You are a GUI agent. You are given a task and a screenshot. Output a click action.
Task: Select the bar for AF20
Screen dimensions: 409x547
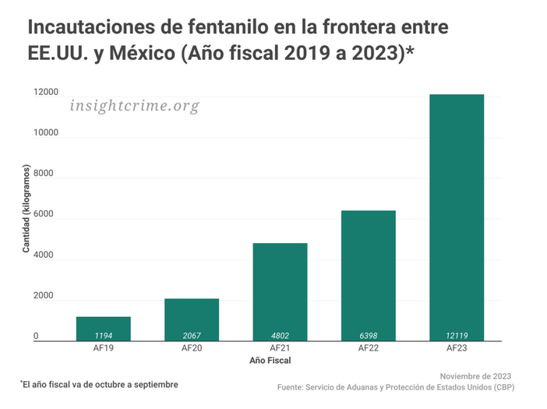coord(192,319)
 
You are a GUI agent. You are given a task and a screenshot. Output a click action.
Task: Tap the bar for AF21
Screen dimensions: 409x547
coord(280,292)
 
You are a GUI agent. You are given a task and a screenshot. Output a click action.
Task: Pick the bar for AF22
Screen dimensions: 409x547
coord(369,276)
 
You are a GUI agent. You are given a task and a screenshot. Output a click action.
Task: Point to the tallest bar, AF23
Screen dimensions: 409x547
coord(457,217)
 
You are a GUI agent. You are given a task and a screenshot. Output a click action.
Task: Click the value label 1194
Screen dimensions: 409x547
coord(103,336)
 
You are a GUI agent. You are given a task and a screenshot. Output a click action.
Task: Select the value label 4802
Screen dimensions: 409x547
coord(280,336)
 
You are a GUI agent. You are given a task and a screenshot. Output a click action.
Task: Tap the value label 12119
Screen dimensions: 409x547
coord(457,336)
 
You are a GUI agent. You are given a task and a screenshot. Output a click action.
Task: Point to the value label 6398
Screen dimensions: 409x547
coord(369,336)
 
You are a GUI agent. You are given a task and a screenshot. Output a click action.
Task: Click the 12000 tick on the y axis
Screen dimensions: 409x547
coord(46,93)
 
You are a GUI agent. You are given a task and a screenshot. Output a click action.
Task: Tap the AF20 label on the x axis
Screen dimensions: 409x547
coord(192,348)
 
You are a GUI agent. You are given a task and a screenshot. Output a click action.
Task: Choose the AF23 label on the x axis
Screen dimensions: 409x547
coord(457,348)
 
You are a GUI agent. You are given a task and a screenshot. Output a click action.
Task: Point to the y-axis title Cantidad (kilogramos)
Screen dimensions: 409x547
coord(26,209)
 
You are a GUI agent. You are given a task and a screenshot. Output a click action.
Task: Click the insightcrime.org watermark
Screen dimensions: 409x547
coord(134,106)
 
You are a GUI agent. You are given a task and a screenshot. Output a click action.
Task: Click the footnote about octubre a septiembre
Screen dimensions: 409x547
coord(100,384)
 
